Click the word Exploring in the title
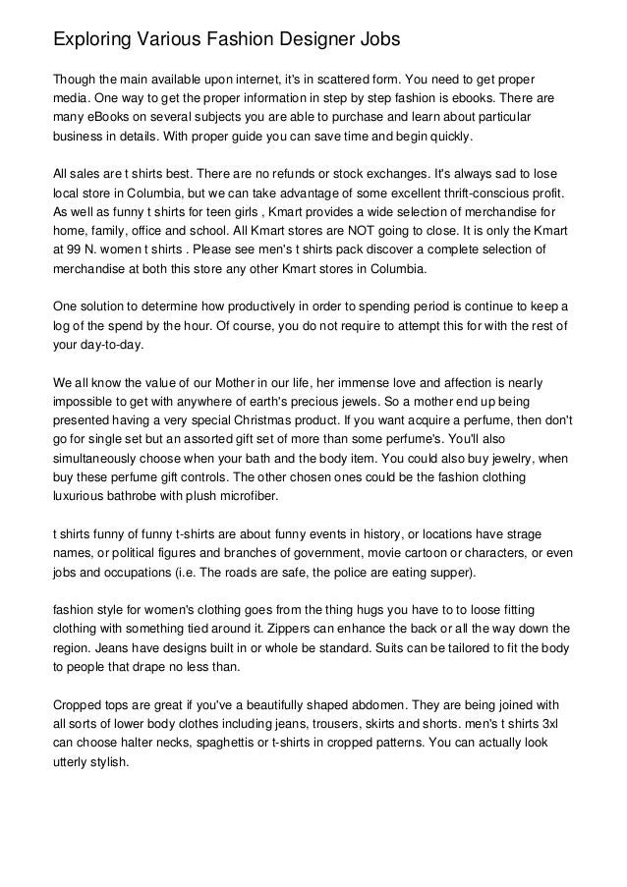pyautogui.click(x=90, y=41)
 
